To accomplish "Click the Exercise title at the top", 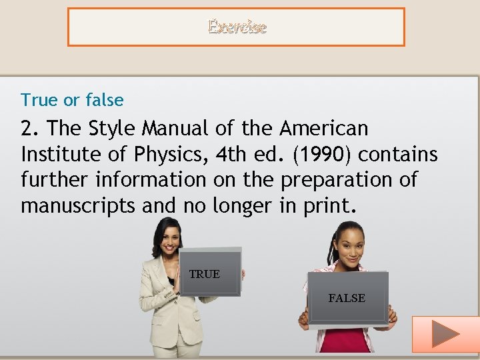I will [x=237, y=27].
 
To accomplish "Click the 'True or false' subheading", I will [x=72, y=100].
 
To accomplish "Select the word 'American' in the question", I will [x=324, y=128].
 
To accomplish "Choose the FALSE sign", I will [x=347, y=298].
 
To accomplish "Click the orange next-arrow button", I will [x=445, y=333].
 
